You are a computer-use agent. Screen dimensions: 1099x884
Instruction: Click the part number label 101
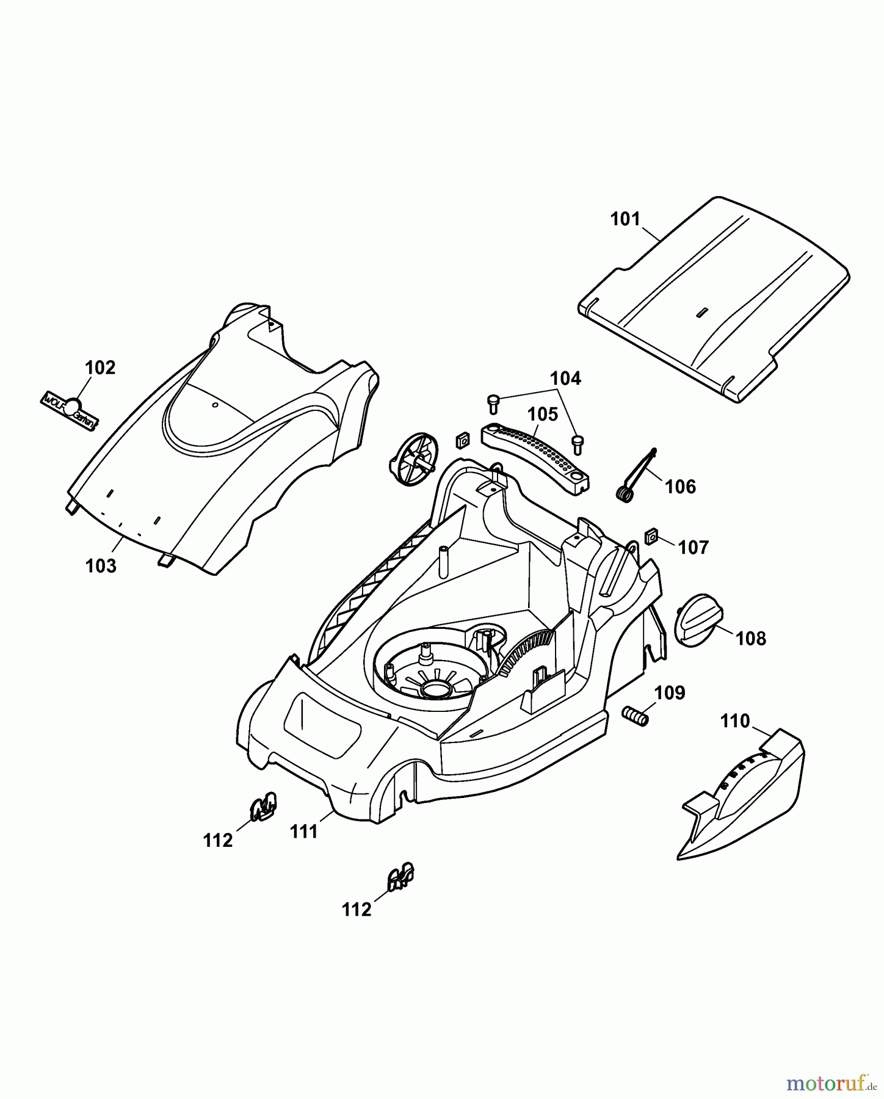(x=625, y=219)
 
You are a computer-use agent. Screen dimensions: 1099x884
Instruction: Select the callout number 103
(x=101, y=566)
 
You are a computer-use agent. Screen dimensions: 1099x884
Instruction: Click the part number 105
(x=543, y=415)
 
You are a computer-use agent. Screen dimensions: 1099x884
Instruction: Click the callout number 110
(x=734, y=721)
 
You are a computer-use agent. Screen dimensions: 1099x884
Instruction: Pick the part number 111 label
(x=304, y=832)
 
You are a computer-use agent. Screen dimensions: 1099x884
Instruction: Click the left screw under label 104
(x=493, y=402)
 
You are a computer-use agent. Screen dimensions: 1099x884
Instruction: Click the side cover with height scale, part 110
(x=742, y=800)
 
